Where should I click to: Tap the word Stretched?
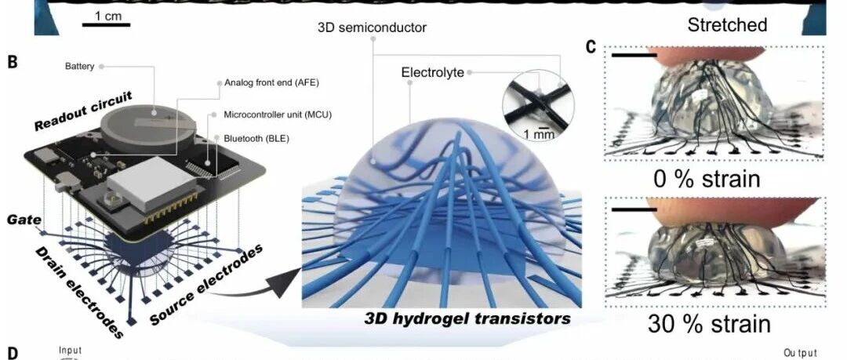[x=726, y=25]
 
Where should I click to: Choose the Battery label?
[x=80, y=67]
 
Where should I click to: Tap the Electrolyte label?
[x=432, y=73]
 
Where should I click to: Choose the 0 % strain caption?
[x=707, y=179]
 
